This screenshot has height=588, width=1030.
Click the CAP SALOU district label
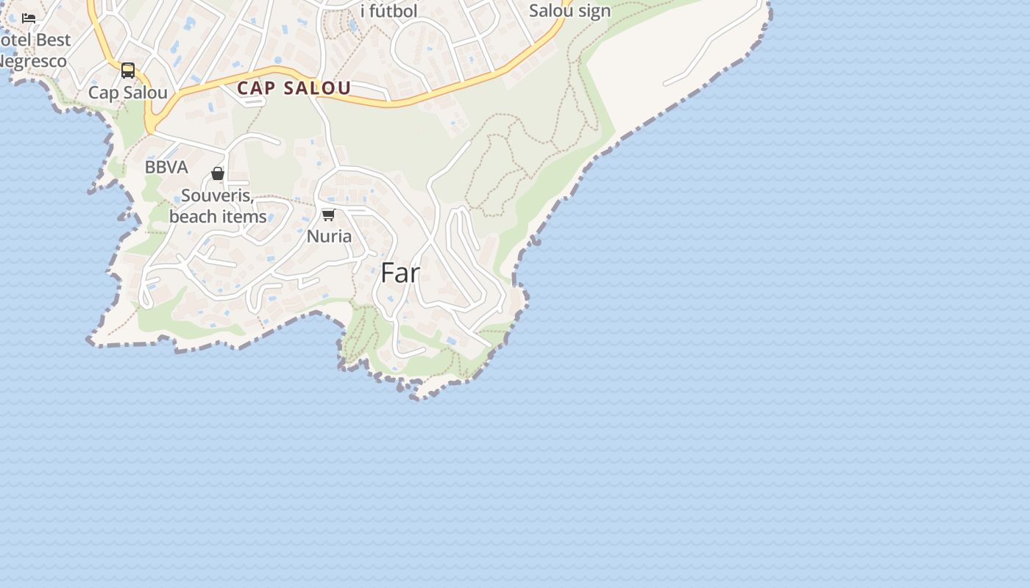coord(294,88)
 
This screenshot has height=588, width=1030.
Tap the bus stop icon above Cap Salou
coord(128,71)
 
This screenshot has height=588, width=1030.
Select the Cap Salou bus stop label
coord(128,93)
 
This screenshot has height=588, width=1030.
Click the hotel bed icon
coord(29,18)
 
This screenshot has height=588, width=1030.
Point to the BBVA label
coord(166,167)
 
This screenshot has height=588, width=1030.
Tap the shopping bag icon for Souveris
coord(218,173)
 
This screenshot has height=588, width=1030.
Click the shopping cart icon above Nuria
coord(329,215)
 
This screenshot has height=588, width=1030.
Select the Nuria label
coord(329,236)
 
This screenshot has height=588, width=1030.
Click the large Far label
coord(400,273)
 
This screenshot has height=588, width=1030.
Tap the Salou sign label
coord(570,11)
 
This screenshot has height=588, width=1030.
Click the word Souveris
coord(217,196)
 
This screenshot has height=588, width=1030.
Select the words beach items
coord(218,216)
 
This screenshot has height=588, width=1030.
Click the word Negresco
coord(33,61)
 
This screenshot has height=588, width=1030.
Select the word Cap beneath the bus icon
coord(103,93)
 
